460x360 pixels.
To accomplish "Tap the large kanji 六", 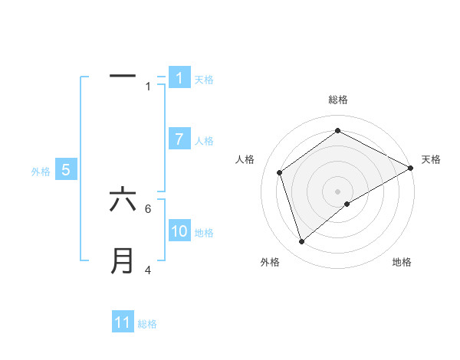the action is coord(123,201).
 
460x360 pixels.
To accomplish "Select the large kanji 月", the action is coord(123,261).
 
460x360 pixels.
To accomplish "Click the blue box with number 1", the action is coord(179,77).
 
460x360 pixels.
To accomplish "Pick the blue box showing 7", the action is coord(179,139).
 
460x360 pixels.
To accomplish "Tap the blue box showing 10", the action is coord(179,231).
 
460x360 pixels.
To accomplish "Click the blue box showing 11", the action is coord(123,322).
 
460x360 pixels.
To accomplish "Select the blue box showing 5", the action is coord(66,170).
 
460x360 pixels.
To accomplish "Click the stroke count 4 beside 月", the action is coord(148,270).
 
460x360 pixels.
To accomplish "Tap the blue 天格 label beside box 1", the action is coord(204,79).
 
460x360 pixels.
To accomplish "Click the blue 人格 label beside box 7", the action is coord(204,140).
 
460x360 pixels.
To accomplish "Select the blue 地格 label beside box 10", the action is coord(204,232).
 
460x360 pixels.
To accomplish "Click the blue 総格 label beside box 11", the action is coord(147,324).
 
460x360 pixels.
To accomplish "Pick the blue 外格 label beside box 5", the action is coord(41,172).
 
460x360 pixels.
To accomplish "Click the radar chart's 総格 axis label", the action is coord(338,100).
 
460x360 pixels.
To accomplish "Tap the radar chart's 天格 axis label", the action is coord(432,159).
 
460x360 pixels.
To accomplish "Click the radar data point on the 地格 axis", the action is coord(347,204).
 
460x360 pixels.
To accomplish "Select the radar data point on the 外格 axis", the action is coord(302,242).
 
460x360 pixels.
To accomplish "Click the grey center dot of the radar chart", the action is coord(338,191).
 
